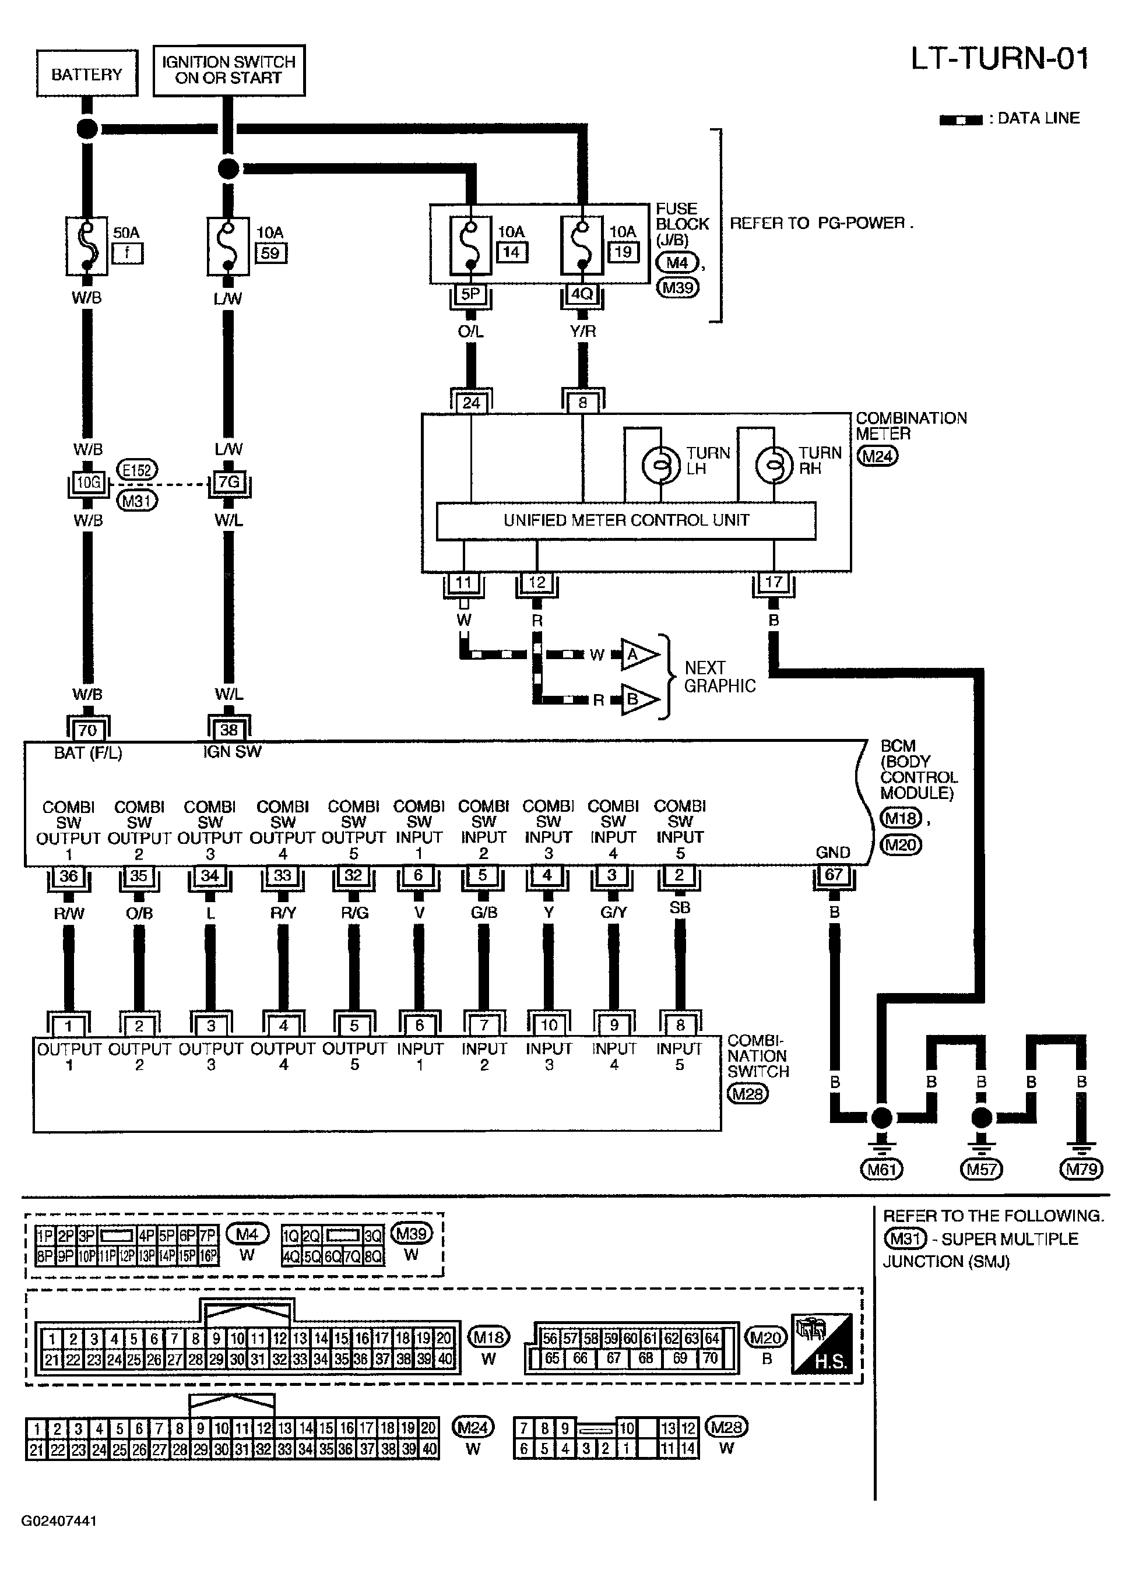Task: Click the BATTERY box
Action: pos(86,73)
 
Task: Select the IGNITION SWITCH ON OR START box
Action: pos(228,70)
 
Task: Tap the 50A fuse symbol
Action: pos(86,246)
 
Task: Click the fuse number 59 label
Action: pos(270,254)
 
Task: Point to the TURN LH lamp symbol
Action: pos(660,466)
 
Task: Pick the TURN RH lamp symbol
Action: pos(773,466)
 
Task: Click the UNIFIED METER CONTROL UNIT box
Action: pos(626,520)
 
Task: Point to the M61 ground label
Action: pos(881,1170)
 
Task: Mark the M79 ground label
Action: pos(1081,1170)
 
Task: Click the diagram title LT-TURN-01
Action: pos(999,59)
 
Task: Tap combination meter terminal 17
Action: pos(774,582)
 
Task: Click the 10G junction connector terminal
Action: pos(88,483)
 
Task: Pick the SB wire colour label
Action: pos(680,907)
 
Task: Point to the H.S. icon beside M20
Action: pos(821,1343)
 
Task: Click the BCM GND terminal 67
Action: pos(834,874)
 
